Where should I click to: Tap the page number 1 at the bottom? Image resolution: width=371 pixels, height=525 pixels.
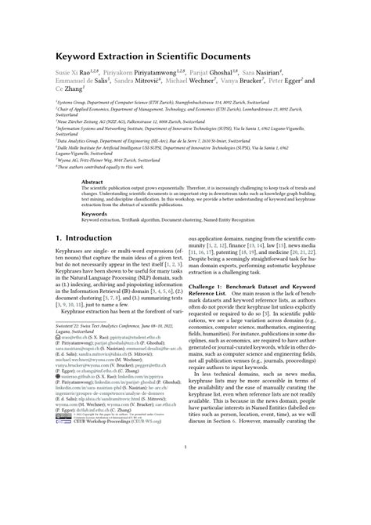click(185, 491)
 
